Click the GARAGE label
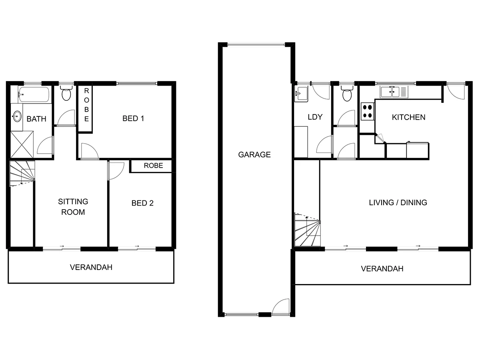point(254,154)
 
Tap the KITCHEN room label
point(408,117)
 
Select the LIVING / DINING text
point(398,202)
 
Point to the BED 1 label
point(133,118)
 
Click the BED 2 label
point(142,203)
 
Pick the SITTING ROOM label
point(73,207)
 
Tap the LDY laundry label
point(315,117)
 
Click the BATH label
point(36,119)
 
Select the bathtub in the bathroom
point(34,95)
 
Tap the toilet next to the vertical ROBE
point(66,94)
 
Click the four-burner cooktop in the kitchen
point(368,111)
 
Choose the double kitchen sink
point(390,92)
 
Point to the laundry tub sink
point(300,94)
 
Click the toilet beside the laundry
point(346,94)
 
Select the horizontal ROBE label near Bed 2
point(154,166)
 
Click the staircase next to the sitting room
point(22,174)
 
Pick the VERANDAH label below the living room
point(382,269)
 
